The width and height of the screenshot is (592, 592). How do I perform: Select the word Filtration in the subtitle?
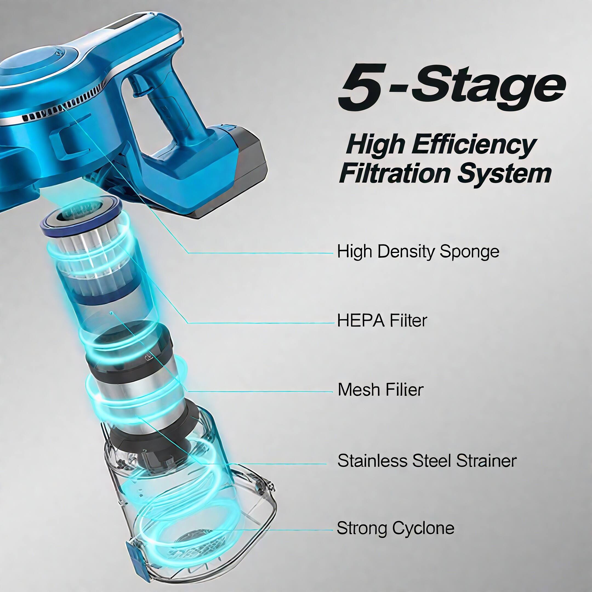(395, 174)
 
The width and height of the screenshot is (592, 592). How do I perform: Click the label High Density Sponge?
(418, 252)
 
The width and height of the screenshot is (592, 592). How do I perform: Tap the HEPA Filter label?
(382, 321)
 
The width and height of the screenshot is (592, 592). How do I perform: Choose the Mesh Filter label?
(380, 390)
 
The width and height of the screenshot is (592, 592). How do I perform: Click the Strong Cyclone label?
(395, 528)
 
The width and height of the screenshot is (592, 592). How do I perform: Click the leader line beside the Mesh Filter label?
(260, 392)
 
